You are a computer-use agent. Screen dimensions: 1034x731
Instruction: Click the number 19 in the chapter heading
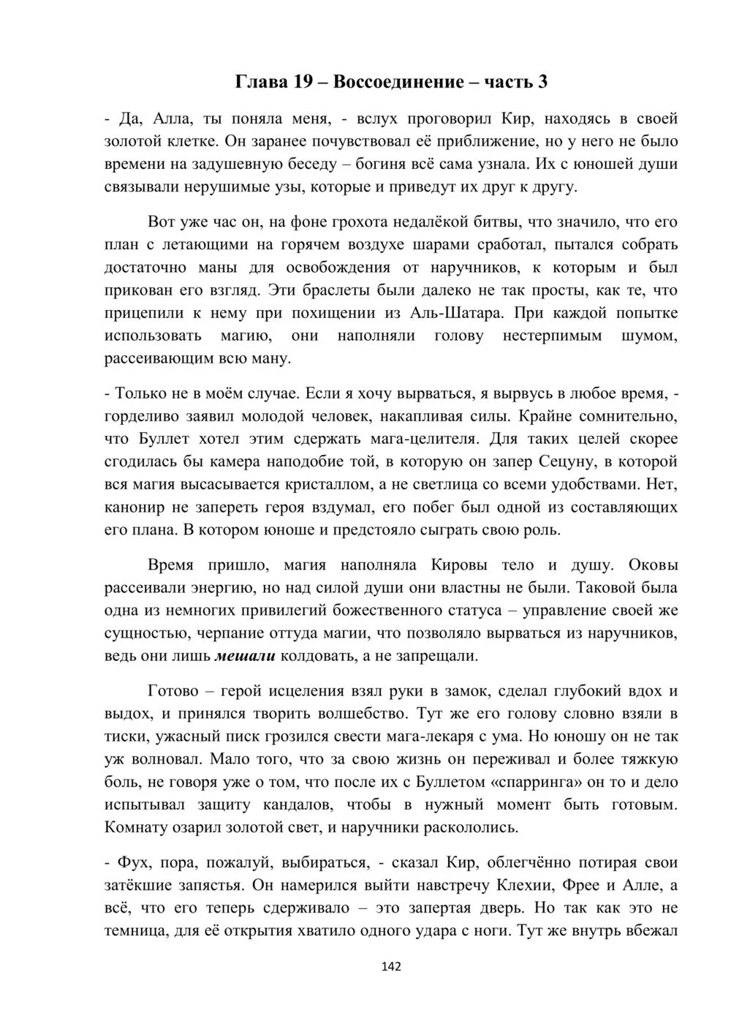(x=303, y=82)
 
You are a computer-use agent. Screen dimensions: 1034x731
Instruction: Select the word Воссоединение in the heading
(x=398, y=82)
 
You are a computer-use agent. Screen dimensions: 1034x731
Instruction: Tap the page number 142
(x=391, y=967)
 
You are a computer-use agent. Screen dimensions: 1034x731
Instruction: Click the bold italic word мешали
(x=245, y=655)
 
